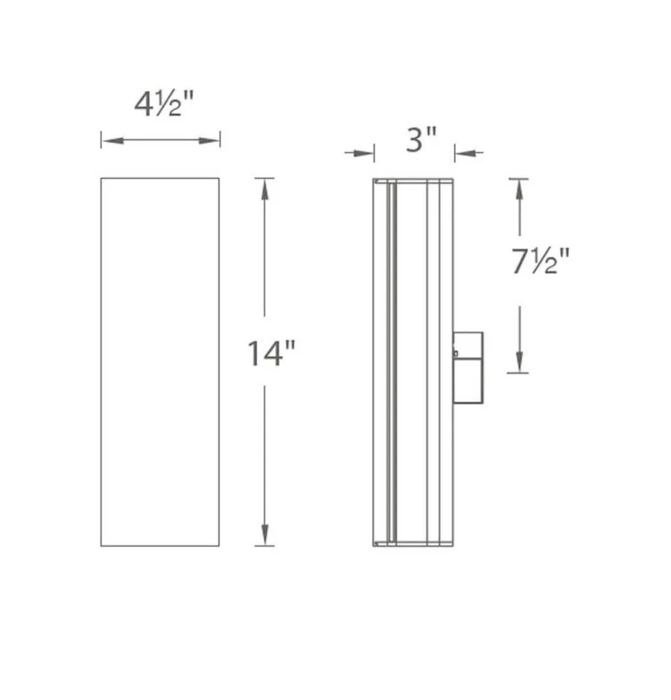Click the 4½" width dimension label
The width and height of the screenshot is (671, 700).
tap(164, 105)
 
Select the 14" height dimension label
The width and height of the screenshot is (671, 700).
tap(271, 354)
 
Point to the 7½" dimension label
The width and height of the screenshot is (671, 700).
tap(539, 262)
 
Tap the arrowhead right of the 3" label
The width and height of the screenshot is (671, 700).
tap(462, 153)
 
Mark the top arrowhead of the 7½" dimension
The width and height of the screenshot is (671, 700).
tap(519, 188)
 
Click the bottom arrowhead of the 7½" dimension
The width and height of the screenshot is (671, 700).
tap(519, 363)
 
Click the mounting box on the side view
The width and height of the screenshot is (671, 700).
tap(468, 367)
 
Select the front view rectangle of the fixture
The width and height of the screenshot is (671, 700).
tap(160, 361)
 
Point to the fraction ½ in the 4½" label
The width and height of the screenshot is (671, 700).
tap(173, 106)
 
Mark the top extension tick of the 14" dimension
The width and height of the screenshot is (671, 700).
tap(265, 178)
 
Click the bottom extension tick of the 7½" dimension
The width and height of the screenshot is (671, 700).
tap(519, 373)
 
